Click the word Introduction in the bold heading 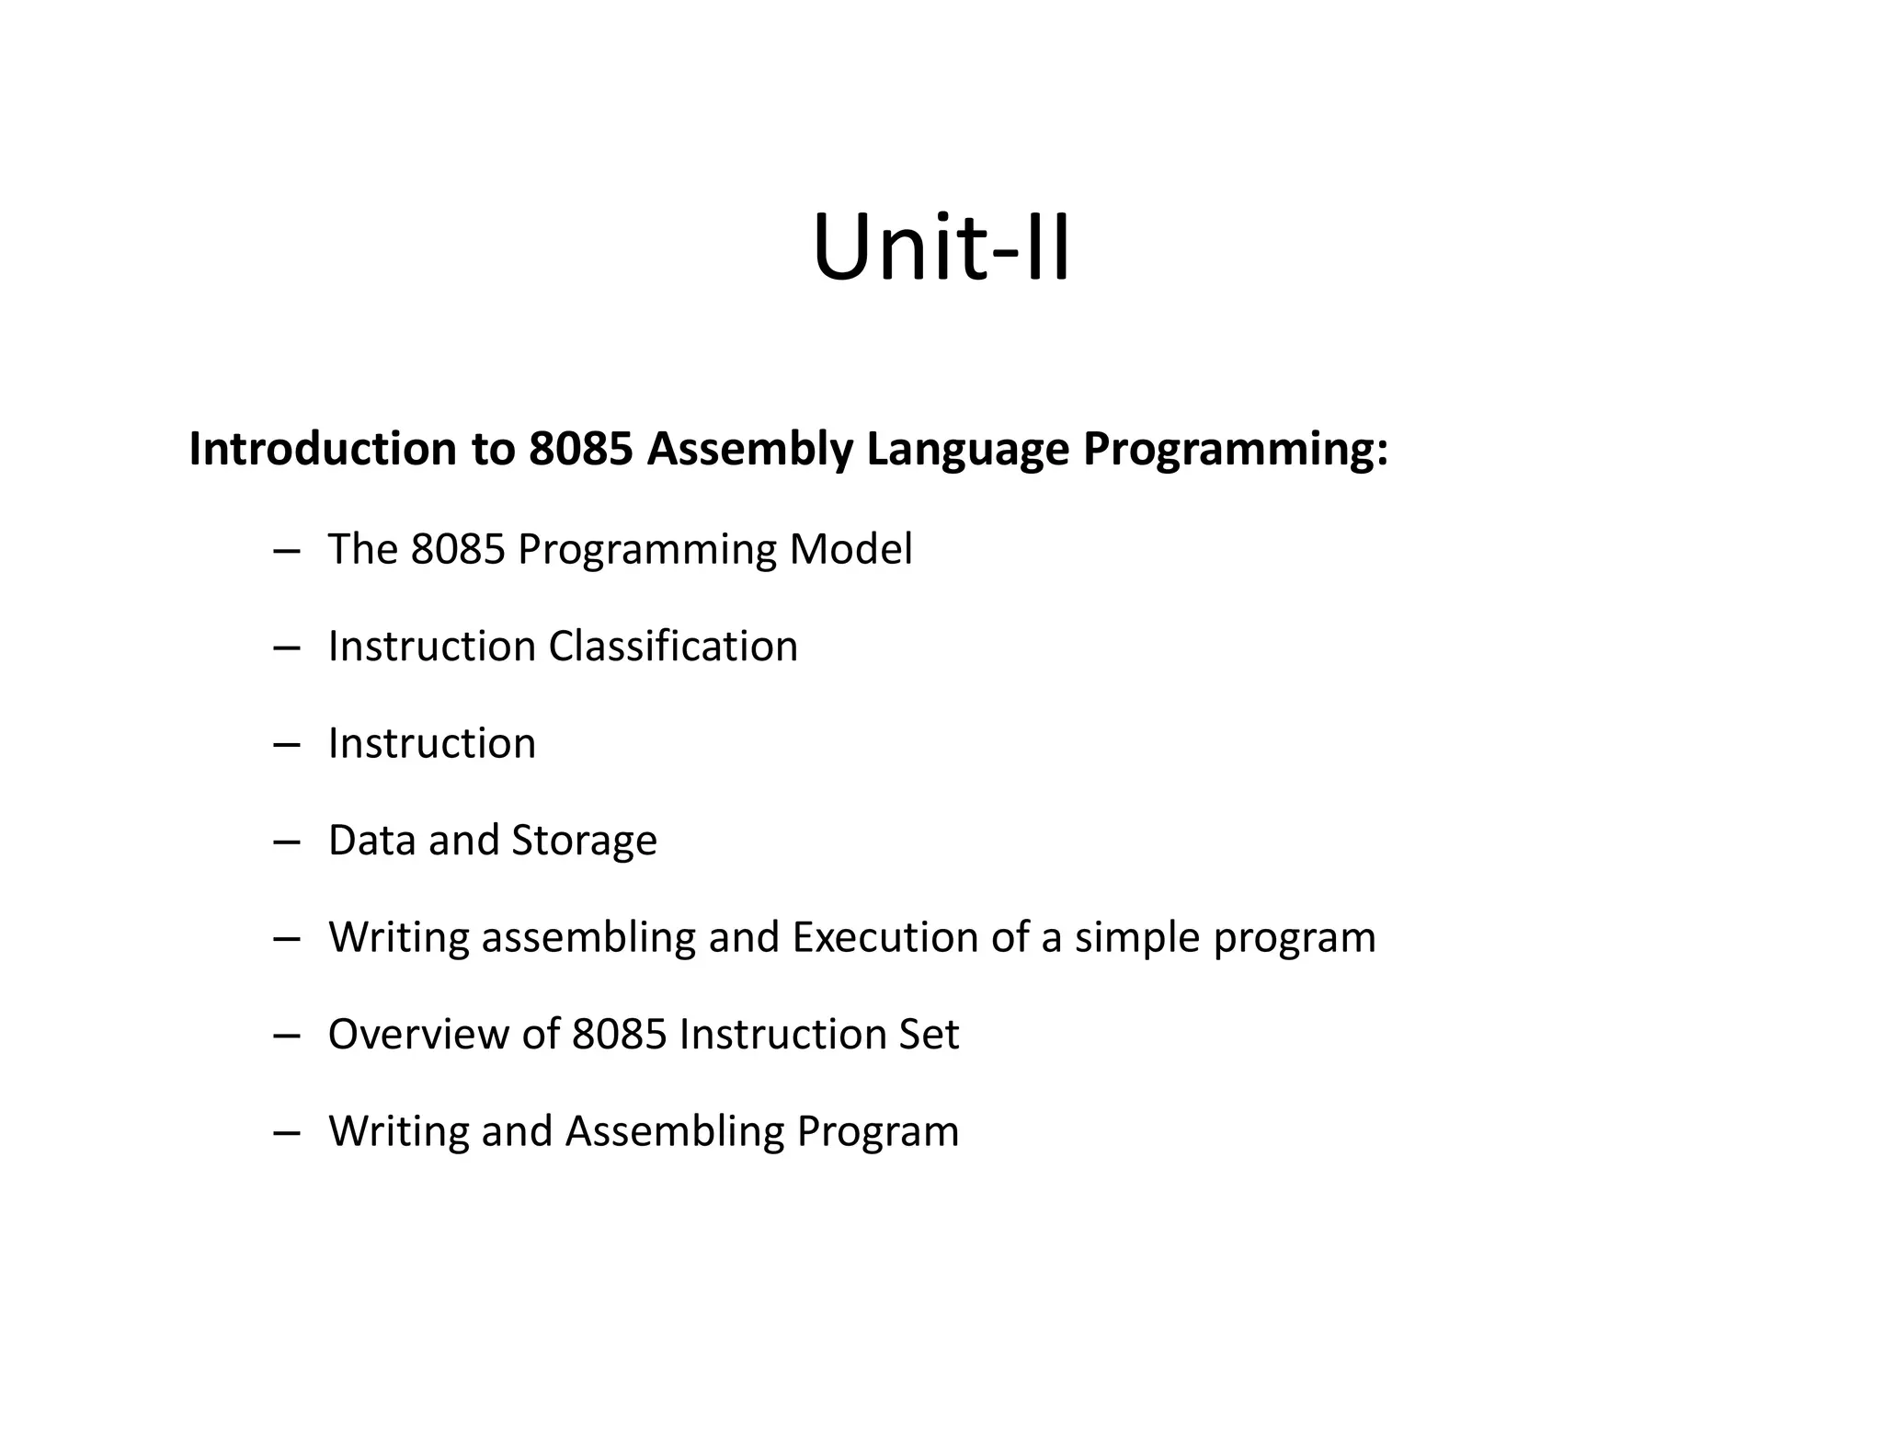(x=322, y=449)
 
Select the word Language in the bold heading (x=967, y=451)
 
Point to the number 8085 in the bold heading (x=581, y=449)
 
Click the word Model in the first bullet (x=850, y=549)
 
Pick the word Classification (x=673, y=646)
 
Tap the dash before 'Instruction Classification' (x=287, y=647)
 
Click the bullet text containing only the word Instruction (x=431, y=743)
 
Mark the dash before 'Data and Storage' (x=287, y=842)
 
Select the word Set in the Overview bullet (x=933, y=1034)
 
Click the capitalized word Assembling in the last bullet (x=674, y=1132)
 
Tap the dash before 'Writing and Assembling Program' (x=287, y=1132)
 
